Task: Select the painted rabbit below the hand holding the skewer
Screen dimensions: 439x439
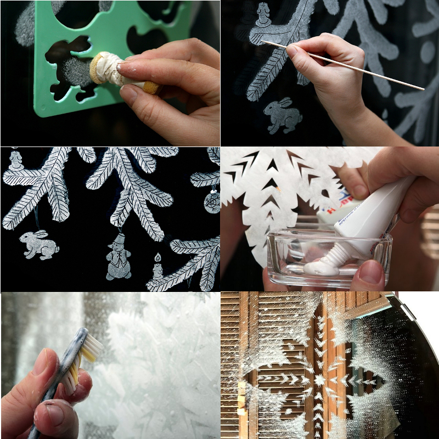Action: click(x=283, y=115)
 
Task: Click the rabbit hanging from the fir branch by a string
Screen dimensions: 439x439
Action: click(x=38, y=245)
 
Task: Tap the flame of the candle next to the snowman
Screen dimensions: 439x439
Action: click(x=157, y=256)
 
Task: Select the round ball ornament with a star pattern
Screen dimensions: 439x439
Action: click(x=212, y=202)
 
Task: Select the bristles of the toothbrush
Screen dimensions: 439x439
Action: click(x=91, y=346)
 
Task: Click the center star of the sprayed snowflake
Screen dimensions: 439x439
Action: click(x=319, y=380)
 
